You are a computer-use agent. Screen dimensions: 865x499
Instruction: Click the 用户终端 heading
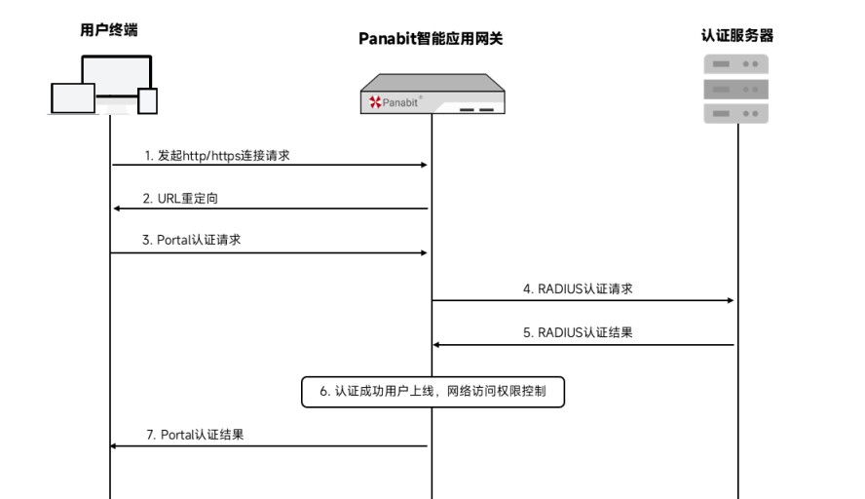109,30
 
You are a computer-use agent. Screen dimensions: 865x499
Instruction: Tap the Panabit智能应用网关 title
431,39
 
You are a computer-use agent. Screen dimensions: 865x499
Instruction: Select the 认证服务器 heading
737,36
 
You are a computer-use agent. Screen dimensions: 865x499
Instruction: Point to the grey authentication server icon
735,89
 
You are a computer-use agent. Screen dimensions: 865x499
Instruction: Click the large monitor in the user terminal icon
116,75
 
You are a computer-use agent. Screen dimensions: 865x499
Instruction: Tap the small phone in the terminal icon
147,101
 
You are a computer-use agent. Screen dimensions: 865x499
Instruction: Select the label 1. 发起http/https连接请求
217,156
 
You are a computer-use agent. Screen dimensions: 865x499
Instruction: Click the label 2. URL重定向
180,199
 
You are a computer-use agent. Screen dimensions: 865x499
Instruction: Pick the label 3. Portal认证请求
192,240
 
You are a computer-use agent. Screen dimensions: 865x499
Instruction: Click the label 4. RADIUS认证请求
578,288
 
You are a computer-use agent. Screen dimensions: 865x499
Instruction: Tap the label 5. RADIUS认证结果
578,332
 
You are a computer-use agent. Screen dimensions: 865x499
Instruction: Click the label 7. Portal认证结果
195,435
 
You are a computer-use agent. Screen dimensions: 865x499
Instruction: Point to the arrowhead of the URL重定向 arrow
116,209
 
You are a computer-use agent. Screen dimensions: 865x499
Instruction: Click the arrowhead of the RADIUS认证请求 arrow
731,300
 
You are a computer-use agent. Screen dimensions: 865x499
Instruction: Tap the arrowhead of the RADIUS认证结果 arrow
436,344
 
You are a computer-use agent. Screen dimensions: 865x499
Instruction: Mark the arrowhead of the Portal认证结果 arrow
114,446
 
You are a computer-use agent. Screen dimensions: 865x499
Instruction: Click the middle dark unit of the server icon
735,89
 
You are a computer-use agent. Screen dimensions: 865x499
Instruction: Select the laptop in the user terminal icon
73,98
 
